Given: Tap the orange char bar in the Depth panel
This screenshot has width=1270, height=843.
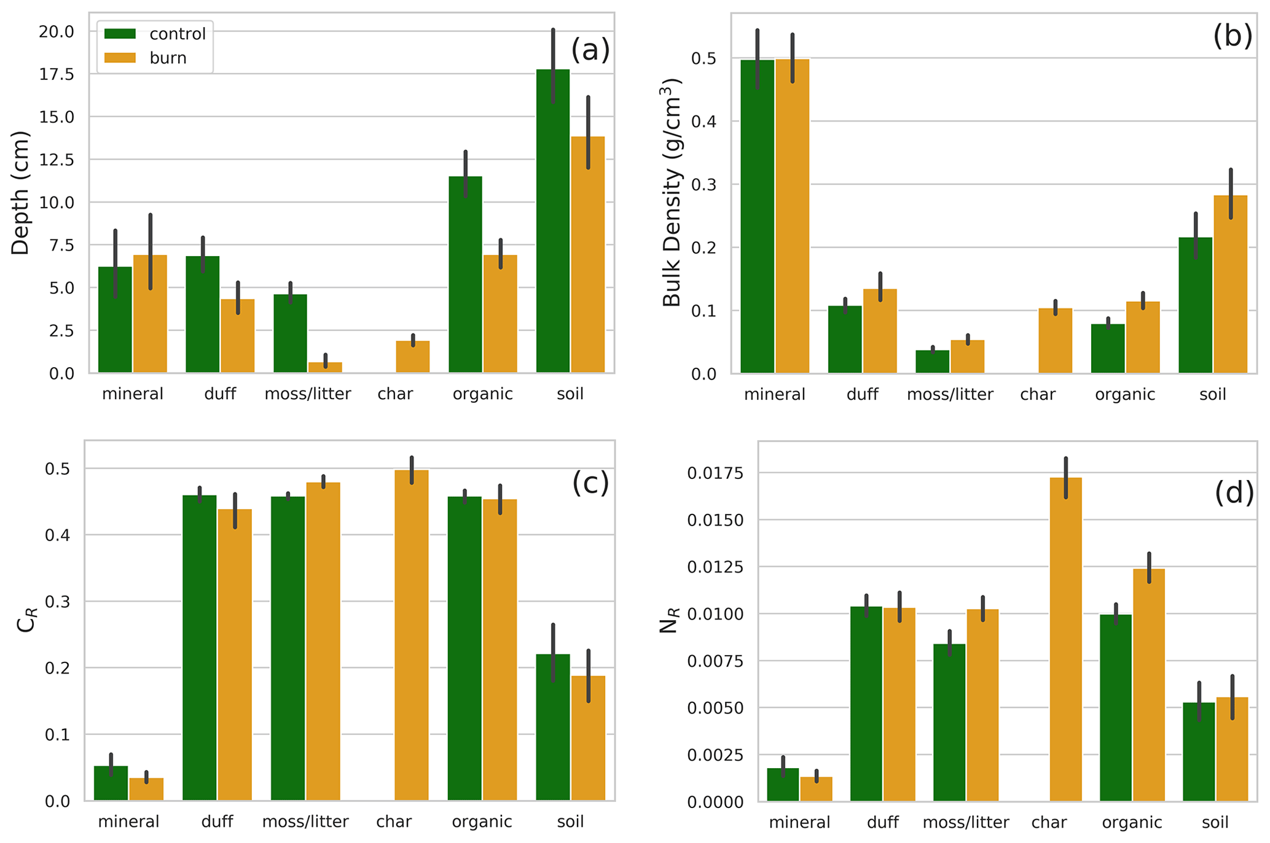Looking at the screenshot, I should [x=412, y=357].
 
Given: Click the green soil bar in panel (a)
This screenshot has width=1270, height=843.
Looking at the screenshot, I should [x=553, y=221].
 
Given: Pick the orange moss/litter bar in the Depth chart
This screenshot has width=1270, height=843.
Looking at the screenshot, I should [x=325, y=367].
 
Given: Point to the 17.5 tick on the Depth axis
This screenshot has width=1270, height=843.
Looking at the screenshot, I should [x=57, y=74].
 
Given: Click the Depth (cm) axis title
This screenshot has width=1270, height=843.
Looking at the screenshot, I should [x=20, y=193].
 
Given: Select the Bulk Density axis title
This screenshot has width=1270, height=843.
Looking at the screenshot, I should [x=672, y=193].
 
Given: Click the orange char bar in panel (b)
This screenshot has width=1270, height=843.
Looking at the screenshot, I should [x=1055, y=341].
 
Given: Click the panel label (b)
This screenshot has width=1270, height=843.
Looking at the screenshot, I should [x=1232, y=37].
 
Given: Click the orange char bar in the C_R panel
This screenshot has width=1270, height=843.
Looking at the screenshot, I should [x=412, y=635].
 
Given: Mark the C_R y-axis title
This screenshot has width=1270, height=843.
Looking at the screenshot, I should [x=26, y=620].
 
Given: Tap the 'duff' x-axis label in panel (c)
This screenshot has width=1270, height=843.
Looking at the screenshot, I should [x=217, y=822].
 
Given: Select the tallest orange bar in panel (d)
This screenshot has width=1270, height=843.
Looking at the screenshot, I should [x=1066, y=639].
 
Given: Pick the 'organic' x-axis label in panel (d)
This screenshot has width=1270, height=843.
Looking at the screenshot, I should [x=1132, y=823].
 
